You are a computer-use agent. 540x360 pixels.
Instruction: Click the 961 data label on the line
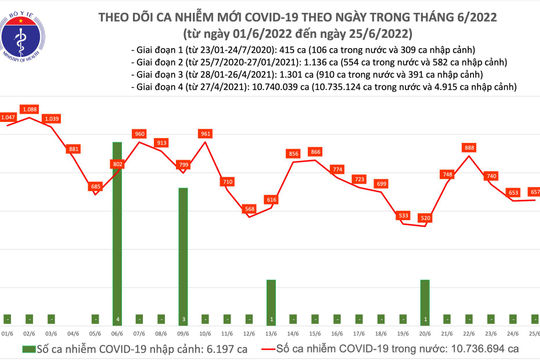click(206, 133)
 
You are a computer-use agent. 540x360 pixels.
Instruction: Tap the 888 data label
click(469, 148)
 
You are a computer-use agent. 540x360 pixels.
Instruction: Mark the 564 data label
click(248, 208)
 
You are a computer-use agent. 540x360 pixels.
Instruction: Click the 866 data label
click(315, 152)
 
